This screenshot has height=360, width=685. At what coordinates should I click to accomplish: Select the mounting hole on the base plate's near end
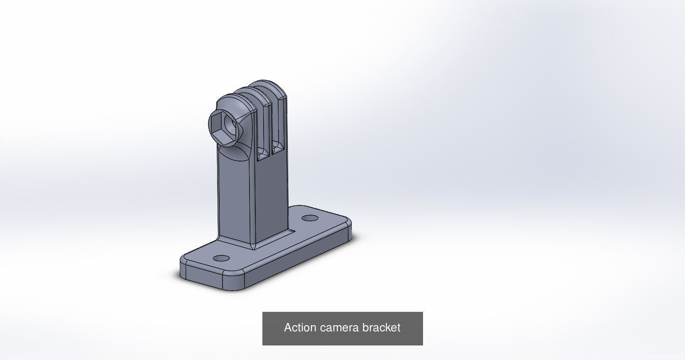(x=221, y=258)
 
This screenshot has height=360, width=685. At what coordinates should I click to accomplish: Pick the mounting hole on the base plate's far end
(x=309, y=218)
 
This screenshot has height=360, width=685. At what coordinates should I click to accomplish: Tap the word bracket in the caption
(x=381, y=328)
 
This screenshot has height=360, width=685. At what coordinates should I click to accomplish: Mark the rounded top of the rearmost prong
(x=272, y=86)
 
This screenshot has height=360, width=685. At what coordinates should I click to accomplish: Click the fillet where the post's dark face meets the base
(x=274, y=240)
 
